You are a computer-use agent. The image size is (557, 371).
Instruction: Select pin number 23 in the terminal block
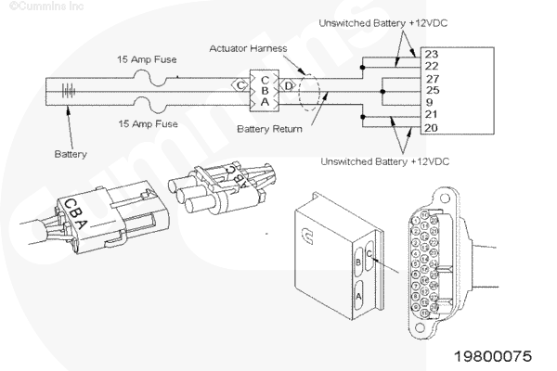(433, 54)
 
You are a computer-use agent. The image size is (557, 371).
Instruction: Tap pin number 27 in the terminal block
(433, 78)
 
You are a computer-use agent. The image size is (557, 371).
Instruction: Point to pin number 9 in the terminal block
(433, 102)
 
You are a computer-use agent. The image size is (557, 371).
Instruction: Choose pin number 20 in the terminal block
(433, 126)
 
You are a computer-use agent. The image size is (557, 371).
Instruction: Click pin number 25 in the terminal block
(433, 90)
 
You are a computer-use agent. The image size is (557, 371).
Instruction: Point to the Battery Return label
(269, 129)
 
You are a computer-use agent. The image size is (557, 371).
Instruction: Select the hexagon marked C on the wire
(240, 85)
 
